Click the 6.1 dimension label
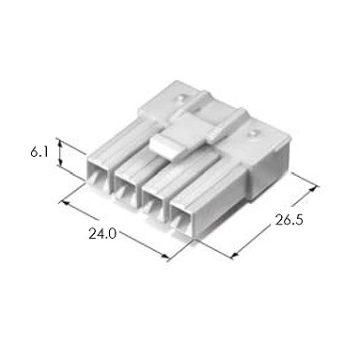[39, 152]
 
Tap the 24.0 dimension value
[102, 233]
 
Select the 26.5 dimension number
[290, 220]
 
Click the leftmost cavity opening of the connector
[97, 177]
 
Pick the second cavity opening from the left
[124, 189]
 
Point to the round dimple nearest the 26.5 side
[252, 133]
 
